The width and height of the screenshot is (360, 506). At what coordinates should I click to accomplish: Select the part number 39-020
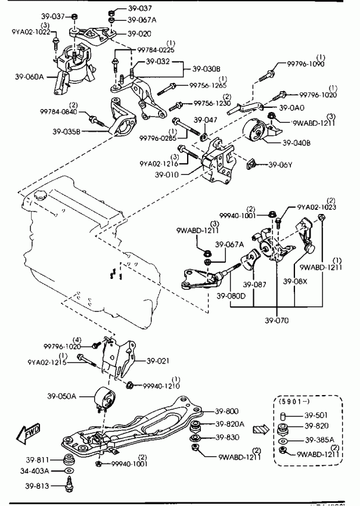(x=140, y=34)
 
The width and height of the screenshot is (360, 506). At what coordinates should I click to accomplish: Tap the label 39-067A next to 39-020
(x=142, y=20)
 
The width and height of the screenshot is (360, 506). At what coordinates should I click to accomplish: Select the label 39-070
(x=277, y=321)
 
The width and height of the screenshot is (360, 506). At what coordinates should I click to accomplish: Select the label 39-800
(x=226, y=411)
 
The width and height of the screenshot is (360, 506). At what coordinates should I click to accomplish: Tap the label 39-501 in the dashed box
(x=316, y=415)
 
